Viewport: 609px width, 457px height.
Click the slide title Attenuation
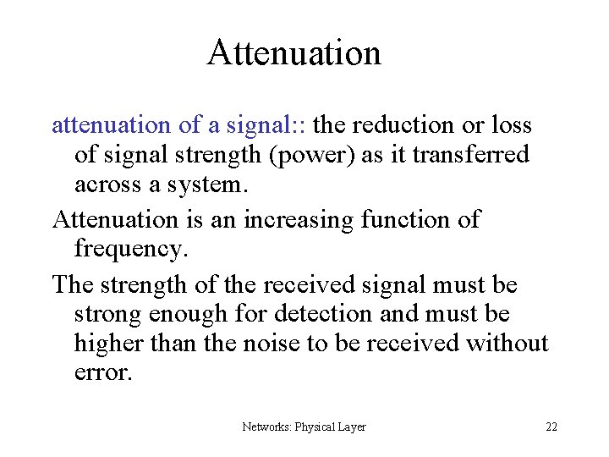(x=294, y=52)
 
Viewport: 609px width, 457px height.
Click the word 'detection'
(x=321, y=314)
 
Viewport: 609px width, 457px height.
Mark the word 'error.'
(x=103, y=373)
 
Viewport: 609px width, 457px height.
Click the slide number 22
(x=551, y=427)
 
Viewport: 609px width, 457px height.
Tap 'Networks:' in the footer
(x=267, y=427)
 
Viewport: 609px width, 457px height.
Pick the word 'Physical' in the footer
(x=315, y=427)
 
